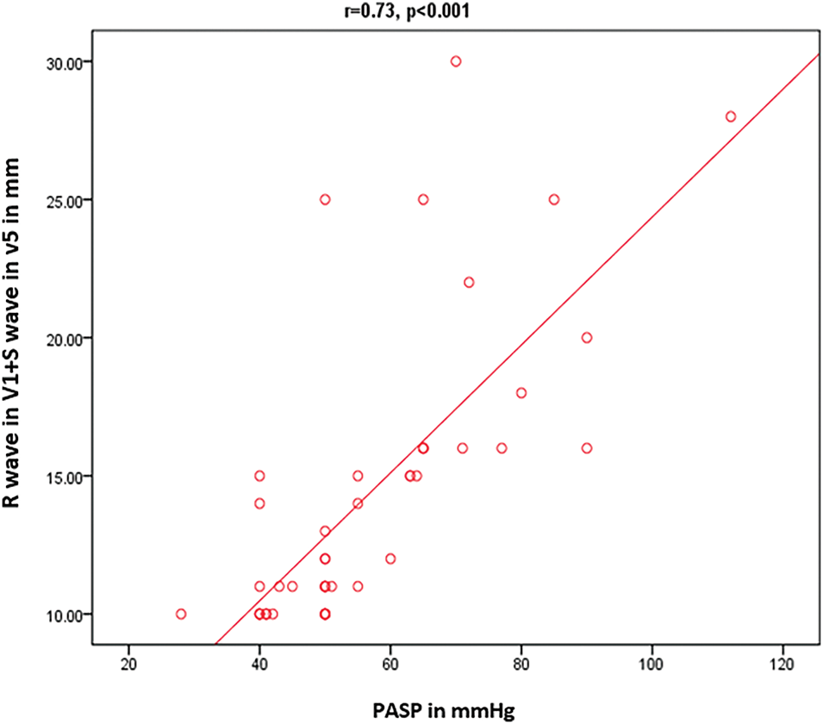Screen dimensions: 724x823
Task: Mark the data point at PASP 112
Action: click(x=731, y=116)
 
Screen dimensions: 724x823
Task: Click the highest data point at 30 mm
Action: click(x=456, y=61)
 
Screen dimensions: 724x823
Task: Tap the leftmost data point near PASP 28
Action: click(x=181, y=614)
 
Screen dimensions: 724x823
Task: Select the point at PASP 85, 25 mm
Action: click(x=554, y=199)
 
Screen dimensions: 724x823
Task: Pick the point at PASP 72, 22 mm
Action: click(x=469, y=282)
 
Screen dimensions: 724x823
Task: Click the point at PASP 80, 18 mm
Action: click(x=521, y=393)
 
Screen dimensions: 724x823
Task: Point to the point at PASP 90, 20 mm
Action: click(x=587, y=338)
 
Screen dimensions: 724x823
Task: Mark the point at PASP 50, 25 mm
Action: click(x=325, y=199)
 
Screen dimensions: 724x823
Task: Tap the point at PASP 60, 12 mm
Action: click(x=390, y=559)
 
